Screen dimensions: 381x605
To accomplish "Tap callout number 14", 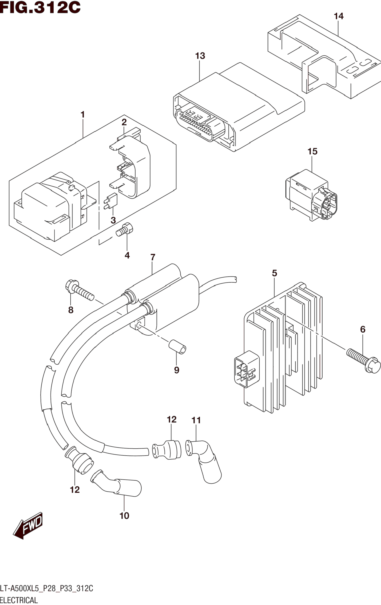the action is point(339,16).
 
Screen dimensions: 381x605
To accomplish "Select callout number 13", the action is point(200,56).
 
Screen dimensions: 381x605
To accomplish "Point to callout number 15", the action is point(312,151).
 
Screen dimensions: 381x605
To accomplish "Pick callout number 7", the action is point(153,257).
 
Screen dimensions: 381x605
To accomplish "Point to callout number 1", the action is point(83,115).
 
